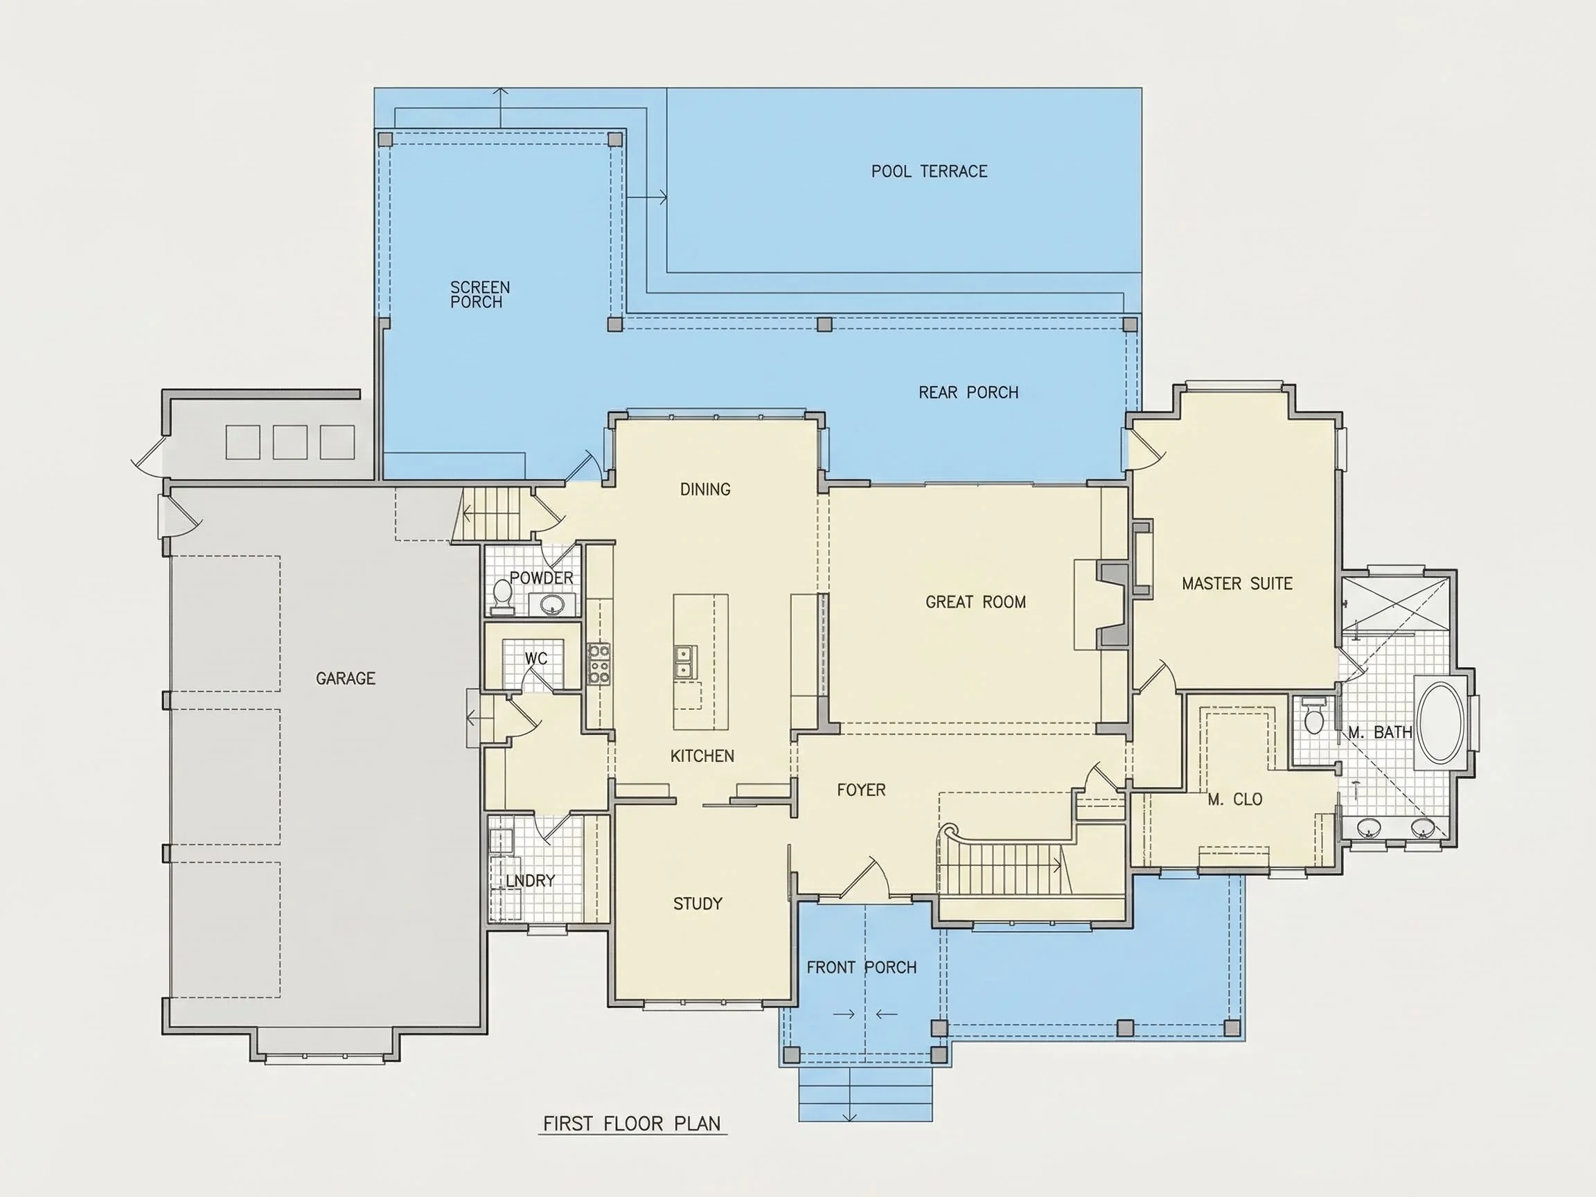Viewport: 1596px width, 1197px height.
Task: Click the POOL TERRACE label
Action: (x=930, y=172)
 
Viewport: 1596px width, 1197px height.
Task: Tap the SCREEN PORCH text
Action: (x=480, y=294)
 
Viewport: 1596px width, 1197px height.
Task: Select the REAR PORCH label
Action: (x=968, y=393)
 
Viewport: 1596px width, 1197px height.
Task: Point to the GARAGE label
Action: (x=346, y=678)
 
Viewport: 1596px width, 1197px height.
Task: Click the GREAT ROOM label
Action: (x=975, y=602)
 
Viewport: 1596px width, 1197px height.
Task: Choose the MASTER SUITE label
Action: (x=1236, y=583)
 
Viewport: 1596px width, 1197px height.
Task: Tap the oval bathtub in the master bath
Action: (x=1440, y=722)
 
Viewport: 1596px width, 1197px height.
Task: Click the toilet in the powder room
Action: (x=502, y=596)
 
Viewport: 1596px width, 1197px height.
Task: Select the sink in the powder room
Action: (x=553, y=604)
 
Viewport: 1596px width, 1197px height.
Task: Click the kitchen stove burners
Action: (x=599, y=664)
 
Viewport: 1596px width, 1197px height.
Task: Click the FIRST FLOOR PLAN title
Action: (x=631, y=1124)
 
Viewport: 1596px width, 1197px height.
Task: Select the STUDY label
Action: (x=698, y=903)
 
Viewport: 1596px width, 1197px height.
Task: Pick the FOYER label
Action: (x=861, y=790)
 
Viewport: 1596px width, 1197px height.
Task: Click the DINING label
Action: (x=705, y=489)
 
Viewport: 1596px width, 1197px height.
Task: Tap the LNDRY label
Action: (x=531, y=881)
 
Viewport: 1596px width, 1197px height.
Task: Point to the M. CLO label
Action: (x=1234, y=799)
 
